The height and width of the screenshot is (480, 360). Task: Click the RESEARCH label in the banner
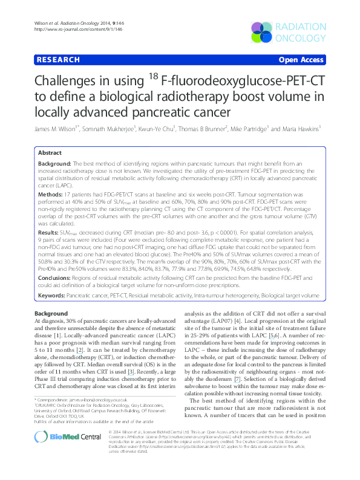click(58, 60)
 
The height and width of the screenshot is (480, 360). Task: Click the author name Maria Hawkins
click(300, 129)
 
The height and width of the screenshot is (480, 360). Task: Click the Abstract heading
click(50, 153)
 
